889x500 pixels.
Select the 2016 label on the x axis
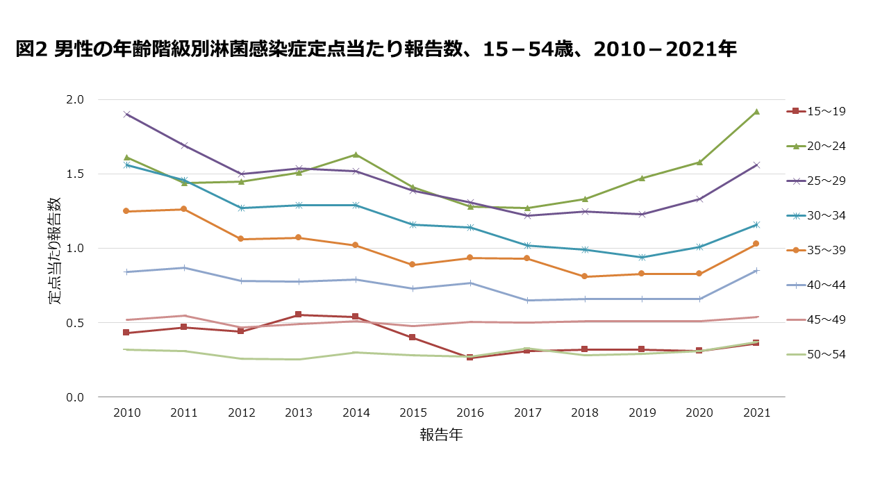coord(470,412)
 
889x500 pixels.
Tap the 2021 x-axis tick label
coord(756,412)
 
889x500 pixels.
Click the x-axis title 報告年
coord(441,435)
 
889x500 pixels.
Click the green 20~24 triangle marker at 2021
coord(756,111)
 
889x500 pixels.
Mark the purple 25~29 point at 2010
coord(126,114)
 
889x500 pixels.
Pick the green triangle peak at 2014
coord(356,154)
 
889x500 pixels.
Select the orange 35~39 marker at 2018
coord(585,276)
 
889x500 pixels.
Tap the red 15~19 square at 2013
coord(299,315)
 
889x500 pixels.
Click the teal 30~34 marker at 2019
coord(642,257)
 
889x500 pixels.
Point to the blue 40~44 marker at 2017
coord(528,300)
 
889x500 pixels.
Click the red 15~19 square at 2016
coord(470,357)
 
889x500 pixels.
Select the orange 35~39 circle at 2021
coord(756,244)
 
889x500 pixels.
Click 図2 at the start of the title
coord(31,49)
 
